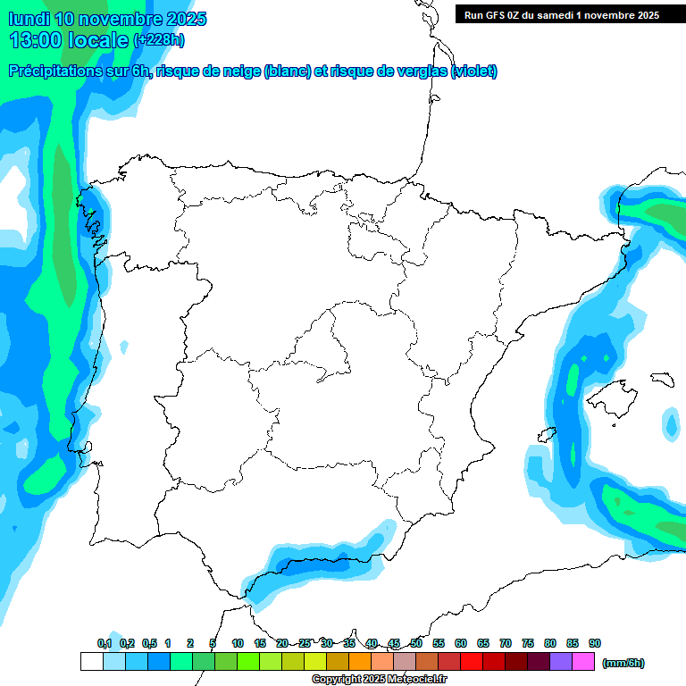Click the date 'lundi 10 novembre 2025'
pos(107,19)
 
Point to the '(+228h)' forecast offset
pos(159,40)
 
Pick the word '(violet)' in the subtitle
pos(474,71)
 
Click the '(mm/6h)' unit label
pos(623,663)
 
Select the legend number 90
pos(595,643)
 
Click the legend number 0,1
pos(105,643)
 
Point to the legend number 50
pos(416,643)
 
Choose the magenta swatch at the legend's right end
pos(583,662)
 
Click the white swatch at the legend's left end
pos(91,662)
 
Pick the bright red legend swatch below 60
pos(472,662)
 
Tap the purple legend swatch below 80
pos(561,662)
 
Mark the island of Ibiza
pos(548,434)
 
